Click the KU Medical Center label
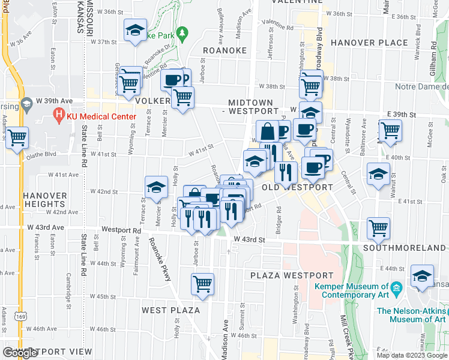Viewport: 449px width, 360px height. pyautogui.click(x=98, y=113)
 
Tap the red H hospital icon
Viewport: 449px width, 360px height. pyautogui.click(x=59, y=113)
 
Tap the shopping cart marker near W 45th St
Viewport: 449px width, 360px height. pyautogui.click(x=203, y=284)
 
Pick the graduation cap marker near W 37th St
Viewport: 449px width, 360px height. pyautogui.click(x=135, y=30)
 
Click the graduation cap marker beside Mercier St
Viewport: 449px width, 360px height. pyautogui.click(x=156, y=187)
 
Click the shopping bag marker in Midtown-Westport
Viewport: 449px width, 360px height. pyautogui.click(x=267, y=131)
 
